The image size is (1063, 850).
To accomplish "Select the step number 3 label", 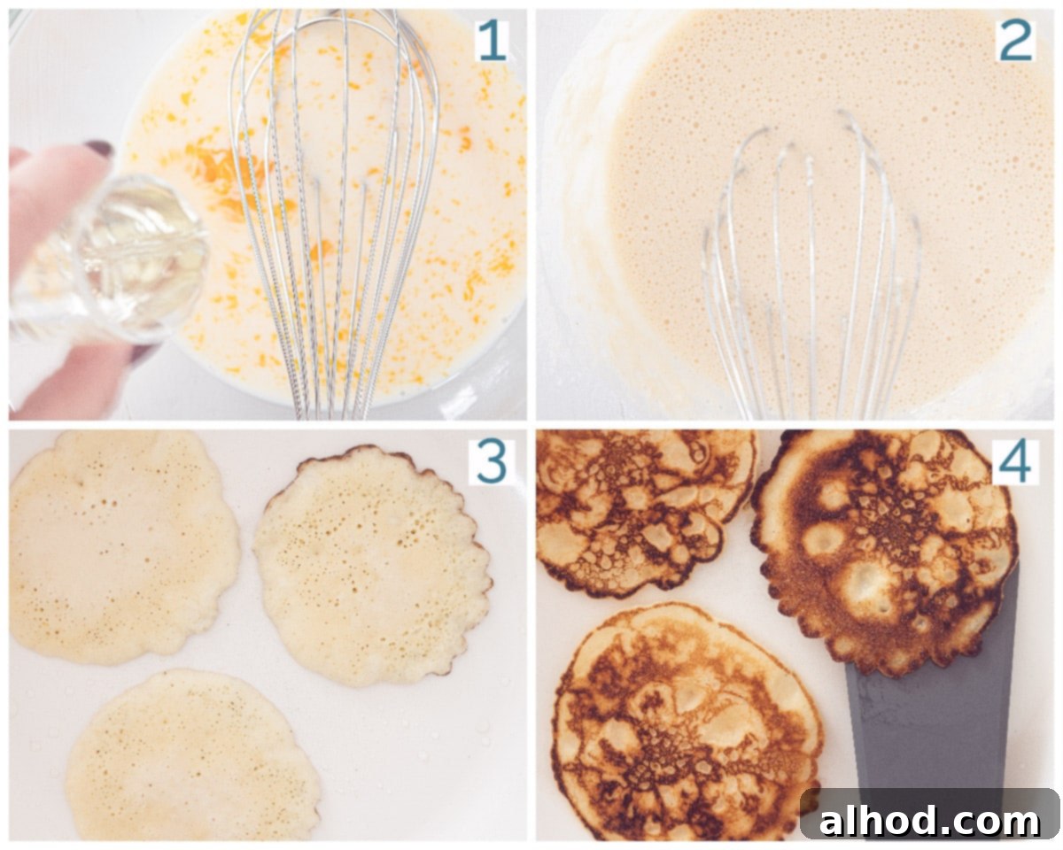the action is [491, 462].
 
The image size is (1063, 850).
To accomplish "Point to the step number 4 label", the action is [1015, 462].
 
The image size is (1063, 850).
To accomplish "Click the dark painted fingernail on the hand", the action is [100, 148].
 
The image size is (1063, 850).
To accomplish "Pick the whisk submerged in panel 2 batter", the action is [810, 267].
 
